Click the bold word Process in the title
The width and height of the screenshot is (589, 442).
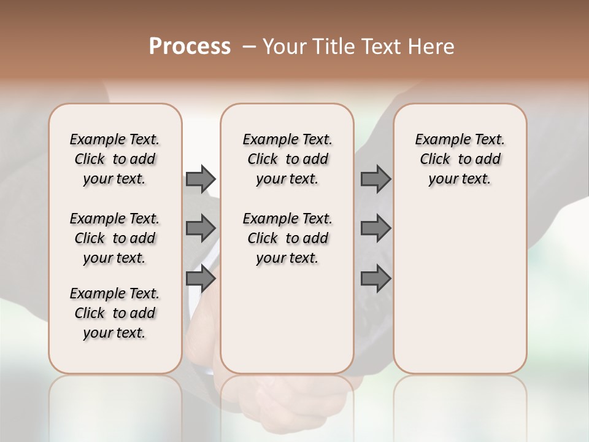[x=190, y=47]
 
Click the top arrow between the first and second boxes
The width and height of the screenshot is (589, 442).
[x=201, y=179]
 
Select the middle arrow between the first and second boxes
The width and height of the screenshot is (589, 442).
[x=201, y=228]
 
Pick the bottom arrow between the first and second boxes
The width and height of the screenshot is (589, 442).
[x=201, y=279]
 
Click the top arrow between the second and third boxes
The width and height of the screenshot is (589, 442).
[x=375, y=179]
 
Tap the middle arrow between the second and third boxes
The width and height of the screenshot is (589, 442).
[x=375, y=228]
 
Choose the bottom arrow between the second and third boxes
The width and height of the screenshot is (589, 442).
[x=375, y=279]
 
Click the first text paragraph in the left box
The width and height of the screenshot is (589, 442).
[x=115, y=159]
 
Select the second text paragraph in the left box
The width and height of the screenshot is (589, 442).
[x=115, y=238]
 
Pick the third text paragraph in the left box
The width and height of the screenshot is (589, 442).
[x=115, y=313]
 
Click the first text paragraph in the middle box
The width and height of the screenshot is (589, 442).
[x=287, y=159]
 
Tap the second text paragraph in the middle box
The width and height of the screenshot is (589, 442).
[x=287, y=238]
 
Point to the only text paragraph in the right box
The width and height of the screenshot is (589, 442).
[x=460, y=159]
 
